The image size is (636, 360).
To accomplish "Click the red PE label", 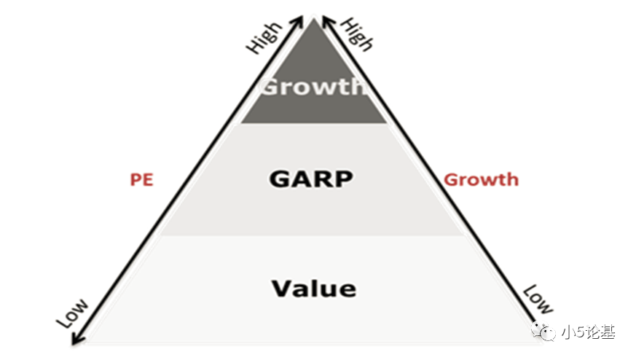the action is (142, 179).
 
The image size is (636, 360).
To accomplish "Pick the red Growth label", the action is (481, 179).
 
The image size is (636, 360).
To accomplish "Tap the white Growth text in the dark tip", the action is (312, 87).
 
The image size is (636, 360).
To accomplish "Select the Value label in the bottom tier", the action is (314, 288).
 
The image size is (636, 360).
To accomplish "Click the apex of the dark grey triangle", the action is (313, 20).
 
